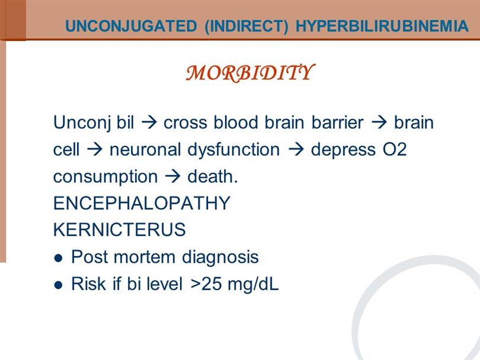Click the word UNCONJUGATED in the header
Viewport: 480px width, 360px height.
pos(131,26)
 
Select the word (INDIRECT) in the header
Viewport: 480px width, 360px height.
pos(247,26)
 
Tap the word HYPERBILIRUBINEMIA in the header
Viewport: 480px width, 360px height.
pos(382,26)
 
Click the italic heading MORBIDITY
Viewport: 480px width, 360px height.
pos(249,73)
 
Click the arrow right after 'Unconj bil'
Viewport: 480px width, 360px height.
pos(149,123)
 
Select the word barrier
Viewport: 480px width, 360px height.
pos(337,123)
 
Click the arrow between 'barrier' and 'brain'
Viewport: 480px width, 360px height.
pos(379,123)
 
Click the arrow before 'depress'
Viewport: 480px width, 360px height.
pos(296,150)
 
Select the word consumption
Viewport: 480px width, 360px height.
pos(105,177)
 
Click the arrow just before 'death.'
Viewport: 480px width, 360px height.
pos(172,177)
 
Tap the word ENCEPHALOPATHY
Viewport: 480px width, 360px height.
pos(142,203)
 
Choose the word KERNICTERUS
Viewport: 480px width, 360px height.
pos(119,230)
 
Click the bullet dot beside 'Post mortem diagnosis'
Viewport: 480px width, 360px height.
pos(58,258)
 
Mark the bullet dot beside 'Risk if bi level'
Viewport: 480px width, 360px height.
pos(58,285)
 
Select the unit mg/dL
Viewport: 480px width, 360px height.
pos(253,285)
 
